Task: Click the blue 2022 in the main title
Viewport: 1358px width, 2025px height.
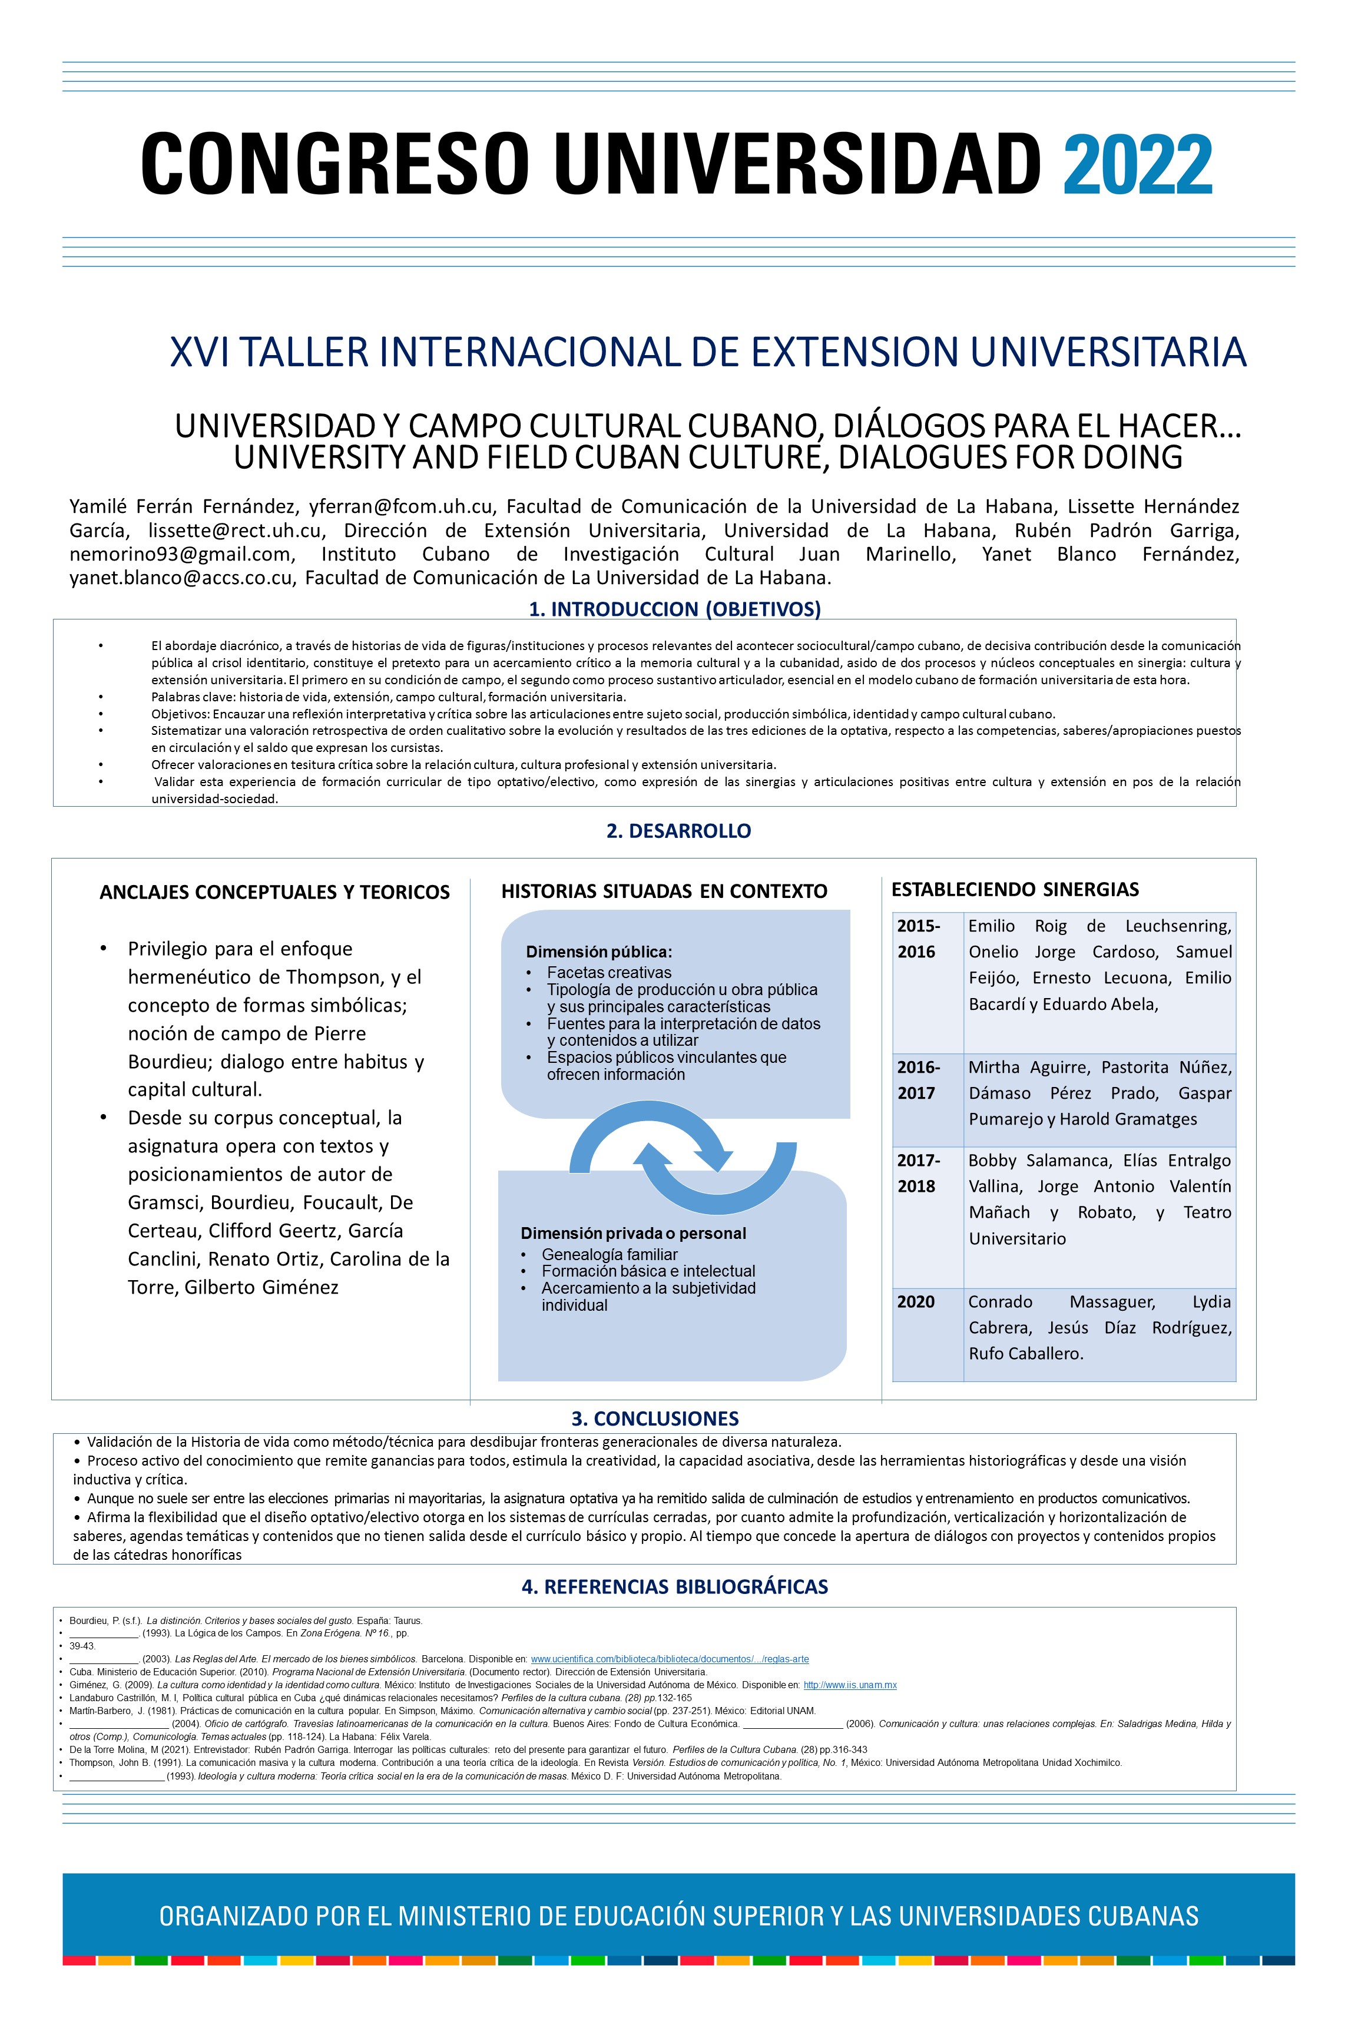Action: point(1137,164)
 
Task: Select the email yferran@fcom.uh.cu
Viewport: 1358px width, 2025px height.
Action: point(401,506)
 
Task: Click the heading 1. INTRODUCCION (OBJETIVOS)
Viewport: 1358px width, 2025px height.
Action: point(675,609)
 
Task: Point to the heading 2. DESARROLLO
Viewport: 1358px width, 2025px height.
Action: point(678,831)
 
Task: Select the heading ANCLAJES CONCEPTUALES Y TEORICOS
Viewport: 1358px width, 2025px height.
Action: point(274,893)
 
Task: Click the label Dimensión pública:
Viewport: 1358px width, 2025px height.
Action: point(598,952)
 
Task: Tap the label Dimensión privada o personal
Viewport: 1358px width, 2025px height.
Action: point(633,1234)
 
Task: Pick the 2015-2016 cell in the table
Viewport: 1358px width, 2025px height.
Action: point(927,939)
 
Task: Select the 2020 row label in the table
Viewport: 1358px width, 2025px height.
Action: point(916,1302)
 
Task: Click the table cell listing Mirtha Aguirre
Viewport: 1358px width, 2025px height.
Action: point(1099,1093)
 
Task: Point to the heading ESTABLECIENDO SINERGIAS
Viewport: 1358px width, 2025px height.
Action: point(1015,889)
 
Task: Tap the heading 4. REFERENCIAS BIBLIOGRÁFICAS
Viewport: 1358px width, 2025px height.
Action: point(675,1586)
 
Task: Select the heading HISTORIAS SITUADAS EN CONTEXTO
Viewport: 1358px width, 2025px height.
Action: point(664,891)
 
